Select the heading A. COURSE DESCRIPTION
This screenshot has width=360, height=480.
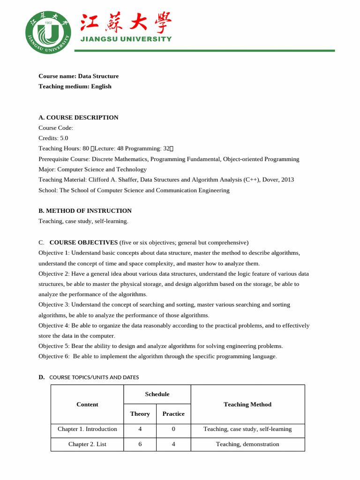click(78, 118)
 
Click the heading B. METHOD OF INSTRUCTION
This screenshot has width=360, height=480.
click(85, 211)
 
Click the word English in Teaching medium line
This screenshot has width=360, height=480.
click(101, 86)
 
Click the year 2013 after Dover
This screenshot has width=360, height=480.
click(288, 180)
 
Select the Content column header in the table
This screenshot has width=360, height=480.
click(87, 405)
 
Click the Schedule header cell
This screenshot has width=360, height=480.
click(157, 394)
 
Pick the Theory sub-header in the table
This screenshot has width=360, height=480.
click(140, 414)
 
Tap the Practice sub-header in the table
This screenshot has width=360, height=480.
click(173, 414)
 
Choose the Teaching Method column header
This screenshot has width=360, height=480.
click(247, 405)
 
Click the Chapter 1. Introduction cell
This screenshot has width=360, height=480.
click(87, 429)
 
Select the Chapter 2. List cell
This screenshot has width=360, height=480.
click(87, 444)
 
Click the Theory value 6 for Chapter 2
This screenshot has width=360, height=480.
click(140, 444)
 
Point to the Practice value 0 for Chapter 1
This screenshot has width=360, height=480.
click(173, 429)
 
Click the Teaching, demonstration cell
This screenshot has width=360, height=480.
click(247, 444)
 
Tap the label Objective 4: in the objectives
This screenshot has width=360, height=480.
click(54, 325)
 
